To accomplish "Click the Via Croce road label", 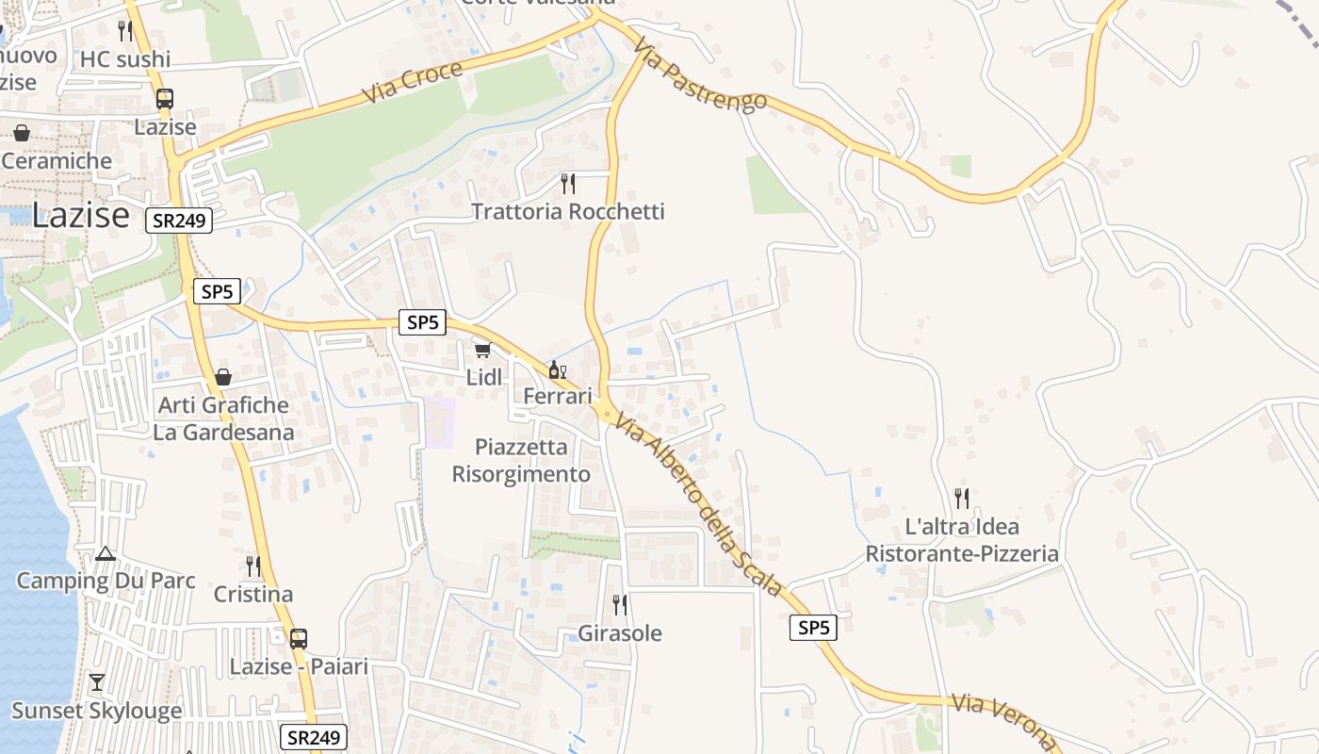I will [413, 83].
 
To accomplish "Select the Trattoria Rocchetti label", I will [567, 211].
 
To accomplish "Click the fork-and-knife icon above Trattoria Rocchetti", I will [567, 183].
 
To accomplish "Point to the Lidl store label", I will [484, 377].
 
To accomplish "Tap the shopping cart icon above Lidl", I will [482, 351].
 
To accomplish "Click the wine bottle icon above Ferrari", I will [557, 369].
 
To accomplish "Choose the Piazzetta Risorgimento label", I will [521, 460].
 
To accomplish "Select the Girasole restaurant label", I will [619, 633].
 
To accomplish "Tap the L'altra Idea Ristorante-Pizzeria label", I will [962, 540].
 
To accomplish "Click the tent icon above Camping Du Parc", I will [106, 553].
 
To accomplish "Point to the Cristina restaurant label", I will [253, 595].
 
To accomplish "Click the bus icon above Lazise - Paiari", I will [299, 638].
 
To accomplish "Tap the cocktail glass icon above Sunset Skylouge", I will [96, 681].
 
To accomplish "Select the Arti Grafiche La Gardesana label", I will [223, 418].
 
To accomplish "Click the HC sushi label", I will [125, 59].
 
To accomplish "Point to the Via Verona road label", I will [1004, 720].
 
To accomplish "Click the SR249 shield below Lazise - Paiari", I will [314, 737].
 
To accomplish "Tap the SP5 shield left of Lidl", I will [422, 322].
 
